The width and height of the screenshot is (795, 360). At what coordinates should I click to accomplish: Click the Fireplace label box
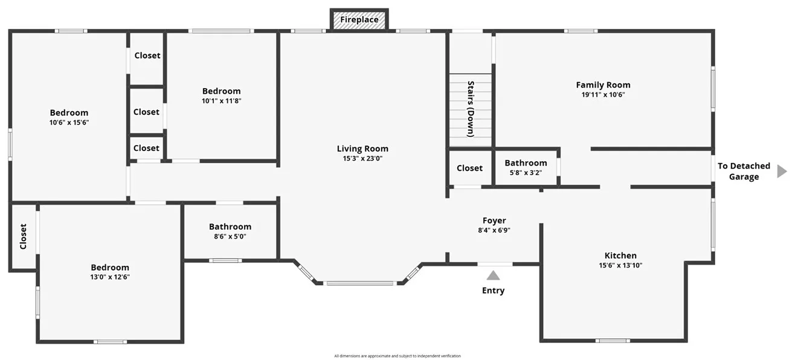point(359,19)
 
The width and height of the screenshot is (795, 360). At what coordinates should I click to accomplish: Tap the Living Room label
point(362,149)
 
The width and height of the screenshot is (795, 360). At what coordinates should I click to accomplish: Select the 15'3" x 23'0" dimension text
point(362,158)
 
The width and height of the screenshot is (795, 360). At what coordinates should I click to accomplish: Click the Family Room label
point(602,85)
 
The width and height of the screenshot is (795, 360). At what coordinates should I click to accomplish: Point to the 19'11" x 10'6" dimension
point(602,95)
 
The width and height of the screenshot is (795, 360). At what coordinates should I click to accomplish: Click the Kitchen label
point(620,256)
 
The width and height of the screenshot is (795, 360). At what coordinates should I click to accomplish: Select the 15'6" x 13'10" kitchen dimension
point(620,265)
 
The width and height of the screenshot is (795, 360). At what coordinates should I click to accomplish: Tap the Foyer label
point(494,220)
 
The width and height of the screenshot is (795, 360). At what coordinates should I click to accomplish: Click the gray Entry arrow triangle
point(494,275)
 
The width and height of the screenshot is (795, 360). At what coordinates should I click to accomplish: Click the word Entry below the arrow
point(493,291)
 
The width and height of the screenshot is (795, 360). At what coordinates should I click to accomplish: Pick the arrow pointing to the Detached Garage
point(782,171)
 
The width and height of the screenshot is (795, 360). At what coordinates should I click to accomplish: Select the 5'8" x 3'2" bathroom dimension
point(526,173)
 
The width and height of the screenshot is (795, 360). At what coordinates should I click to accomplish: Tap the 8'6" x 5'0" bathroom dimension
point(230,236)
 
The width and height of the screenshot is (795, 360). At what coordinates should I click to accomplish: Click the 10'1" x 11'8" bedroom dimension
point(221,101)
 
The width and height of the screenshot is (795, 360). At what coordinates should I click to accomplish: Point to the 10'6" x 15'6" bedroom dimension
point(69,122)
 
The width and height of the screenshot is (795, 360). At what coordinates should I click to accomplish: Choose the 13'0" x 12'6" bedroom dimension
point(110,277)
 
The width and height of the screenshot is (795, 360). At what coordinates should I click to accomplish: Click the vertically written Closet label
point(23,236)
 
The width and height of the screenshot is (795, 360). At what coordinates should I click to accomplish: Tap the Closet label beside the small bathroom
point(469,168)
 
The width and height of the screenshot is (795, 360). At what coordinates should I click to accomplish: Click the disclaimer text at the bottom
point(397,356)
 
